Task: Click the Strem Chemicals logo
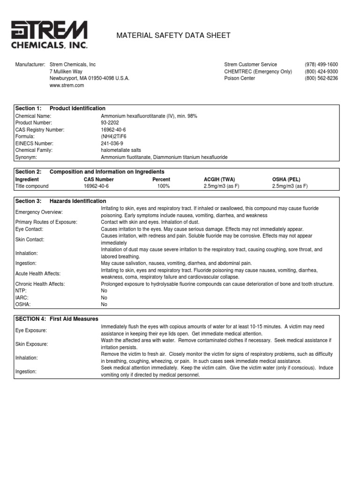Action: coord(49,34)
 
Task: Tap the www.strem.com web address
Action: coord(67,85)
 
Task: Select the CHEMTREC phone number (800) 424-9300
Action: coord(321,71)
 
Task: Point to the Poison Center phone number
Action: coord(321,78)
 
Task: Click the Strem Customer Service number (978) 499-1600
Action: coord(321,64)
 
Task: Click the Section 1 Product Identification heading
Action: coord(60,108)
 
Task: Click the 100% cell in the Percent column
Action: coord(164,186)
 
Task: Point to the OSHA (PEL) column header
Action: coord(286,179)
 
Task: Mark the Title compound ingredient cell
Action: coord(32,186)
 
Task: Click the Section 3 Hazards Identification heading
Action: coord(61,201)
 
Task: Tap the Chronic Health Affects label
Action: coord(40,284)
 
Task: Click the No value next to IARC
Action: coord(104,298)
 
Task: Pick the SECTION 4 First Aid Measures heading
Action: coord(57,319)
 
